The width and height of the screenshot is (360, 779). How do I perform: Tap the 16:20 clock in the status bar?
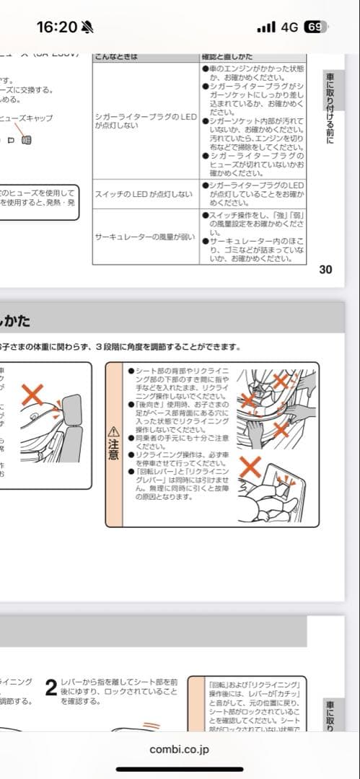(56, 27)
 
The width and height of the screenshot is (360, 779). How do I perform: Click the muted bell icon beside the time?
(88, 27)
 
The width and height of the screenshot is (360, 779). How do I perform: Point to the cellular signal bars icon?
(266, 27)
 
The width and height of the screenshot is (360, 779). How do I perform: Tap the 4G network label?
(290, 27)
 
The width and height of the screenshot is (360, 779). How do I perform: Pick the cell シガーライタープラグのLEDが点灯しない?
(146, 120)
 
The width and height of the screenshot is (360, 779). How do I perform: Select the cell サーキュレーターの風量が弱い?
(145, 236)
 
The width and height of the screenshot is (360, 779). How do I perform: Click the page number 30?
(325, 270)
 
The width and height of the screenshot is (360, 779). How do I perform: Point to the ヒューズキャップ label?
(27, 118)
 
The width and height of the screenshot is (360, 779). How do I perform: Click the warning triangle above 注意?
(113, 431)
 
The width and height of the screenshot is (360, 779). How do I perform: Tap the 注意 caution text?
(113, 450)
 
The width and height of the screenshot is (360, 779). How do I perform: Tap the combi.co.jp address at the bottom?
(180, 749)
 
